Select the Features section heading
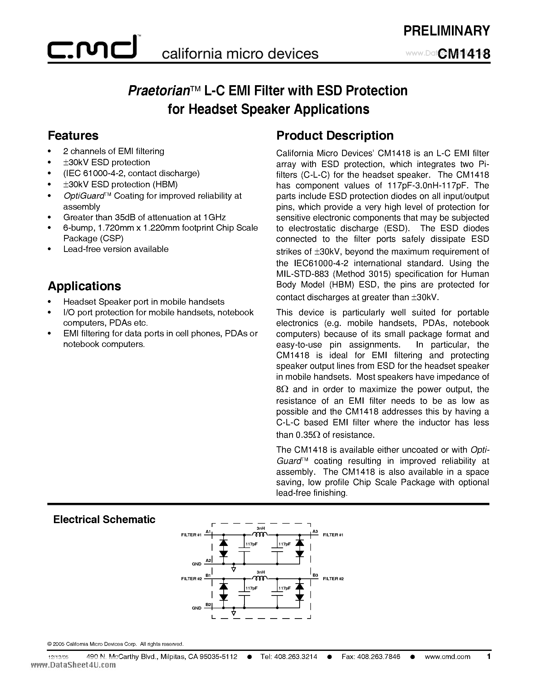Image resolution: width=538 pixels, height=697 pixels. [x=73, y=136]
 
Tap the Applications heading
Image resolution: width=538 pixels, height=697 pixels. [x=85, y=286]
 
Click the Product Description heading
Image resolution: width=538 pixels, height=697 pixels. [x=335, y=136]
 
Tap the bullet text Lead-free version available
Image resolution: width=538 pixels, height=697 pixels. [x=116, y=249]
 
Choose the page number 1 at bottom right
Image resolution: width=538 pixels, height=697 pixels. [x=488, y=656]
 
